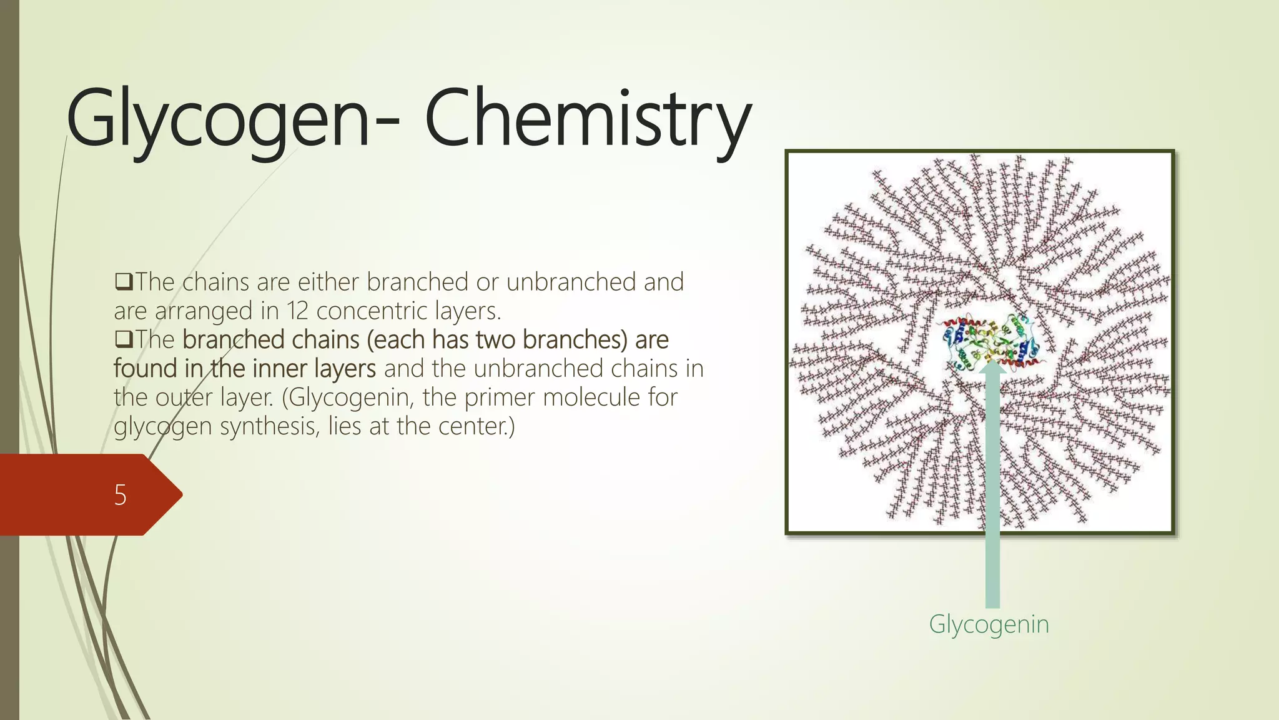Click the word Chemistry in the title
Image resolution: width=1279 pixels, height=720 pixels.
pos(587,119)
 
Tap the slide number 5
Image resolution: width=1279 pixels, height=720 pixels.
pos(121,495)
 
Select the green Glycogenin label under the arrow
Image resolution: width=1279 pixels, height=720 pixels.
pos(989,624)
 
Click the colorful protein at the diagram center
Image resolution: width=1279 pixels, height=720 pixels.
pos(990,342)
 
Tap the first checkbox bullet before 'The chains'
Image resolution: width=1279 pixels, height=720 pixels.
pos(123,282)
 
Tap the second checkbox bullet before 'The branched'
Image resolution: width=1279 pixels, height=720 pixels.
pos(123,339)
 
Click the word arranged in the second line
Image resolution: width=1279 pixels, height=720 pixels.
pos(203,311)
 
